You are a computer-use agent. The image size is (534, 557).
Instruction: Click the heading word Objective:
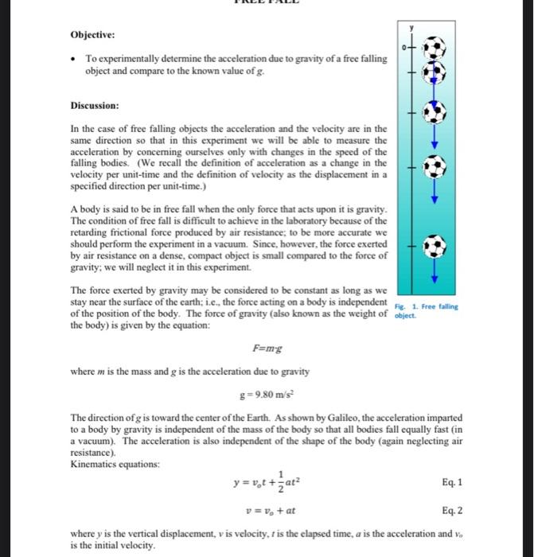pyautogui.click(x=92, y=34)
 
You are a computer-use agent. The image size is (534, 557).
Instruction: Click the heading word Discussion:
pyautogui.click(x=95, y=105)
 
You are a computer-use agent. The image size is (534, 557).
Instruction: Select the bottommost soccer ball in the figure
pyautogui.click(x=434, y=247)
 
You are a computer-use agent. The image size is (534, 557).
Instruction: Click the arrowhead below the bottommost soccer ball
pyautogui.click(x=434, y=278)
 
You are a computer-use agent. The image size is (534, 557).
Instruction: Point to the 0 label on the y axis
pyautogui.click(x=403, y=49)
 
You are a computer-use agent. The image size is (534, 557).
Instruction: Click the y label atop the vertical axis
pyautogui.click(x=412, y=28)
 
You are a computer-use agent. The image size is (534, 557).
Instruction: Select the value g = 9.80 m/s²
pyautogui.click(x=265, y=394)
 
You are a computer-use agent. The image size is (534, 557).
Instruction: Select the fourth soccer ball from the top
pyautogui.click(x=434, y=168)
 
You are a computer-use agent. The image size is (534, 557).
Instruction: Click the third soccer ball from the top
pyautogui.click(x=434, y=114)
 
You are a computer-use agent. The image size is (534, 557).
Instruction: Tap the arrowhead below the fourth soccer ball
pyautogui.click(x=434, y=199)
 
